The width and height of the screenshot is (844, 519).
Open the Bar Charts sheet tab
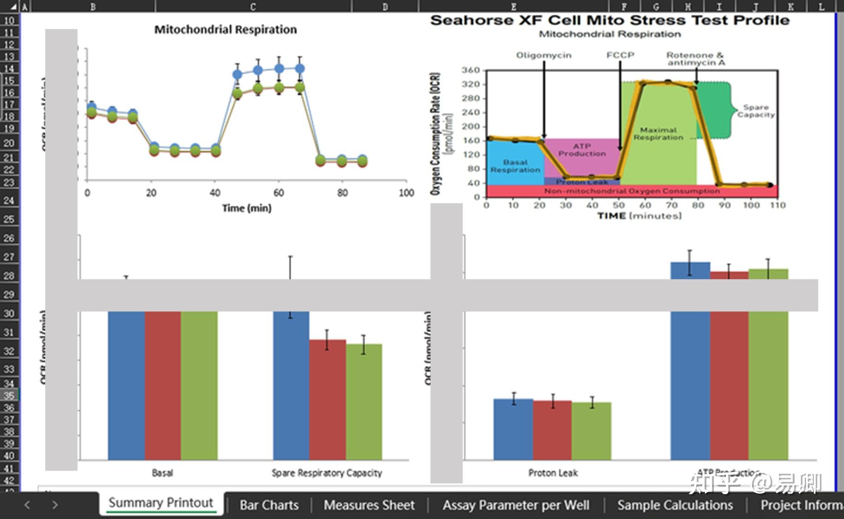click(x=269, y=505)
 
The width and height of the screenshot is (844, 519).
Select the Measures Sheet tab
click(x=369, y=505)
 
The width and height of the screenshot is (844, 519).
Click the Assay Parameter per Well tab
click(x=516, y=505)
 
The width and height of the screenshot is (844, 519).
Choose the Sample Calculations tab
click(x=675, y=505)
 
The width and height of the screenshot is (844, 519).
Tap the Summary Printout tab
click(x=161, y=503)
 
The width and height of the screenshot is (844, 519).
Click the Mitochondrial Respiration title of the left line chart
click(x=225, y=30)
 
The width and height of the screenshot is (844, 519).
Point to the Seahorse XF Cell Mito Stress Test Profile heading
click(x=610, y=20)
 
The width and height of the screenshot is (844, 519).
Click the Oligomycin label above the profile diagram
click(x=544, y=55)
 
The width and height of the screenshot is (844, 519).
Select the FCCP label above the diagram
click(x=620, y=55)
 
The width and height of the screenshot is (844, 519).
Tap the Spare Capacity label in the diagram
click(x=755, y=111)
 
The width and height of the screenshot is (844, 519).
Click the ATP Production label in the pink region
click(x=582, y=149)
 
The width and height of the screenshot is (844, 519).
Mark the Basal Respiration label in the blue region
click(x=515, y=166)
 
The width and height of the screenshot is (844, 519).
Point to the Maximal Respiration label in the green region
click(x=658, y=134)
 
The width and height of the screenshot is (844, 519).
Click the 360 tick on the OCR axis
click(x=471, y=70)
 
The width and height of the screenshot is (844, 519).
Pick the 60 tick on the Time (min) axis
click(x=278, y=193)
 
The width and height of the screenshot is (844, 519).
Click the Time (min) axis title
click(x=246, y=208)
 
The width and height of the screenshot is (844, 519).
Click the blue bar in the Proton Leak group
click(x=513, y=429)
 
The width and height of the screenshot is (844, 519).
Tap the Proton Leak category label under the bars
click(x=553, y=473)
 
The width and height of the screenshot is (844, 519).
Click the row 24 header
click(x=9, y=200)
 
